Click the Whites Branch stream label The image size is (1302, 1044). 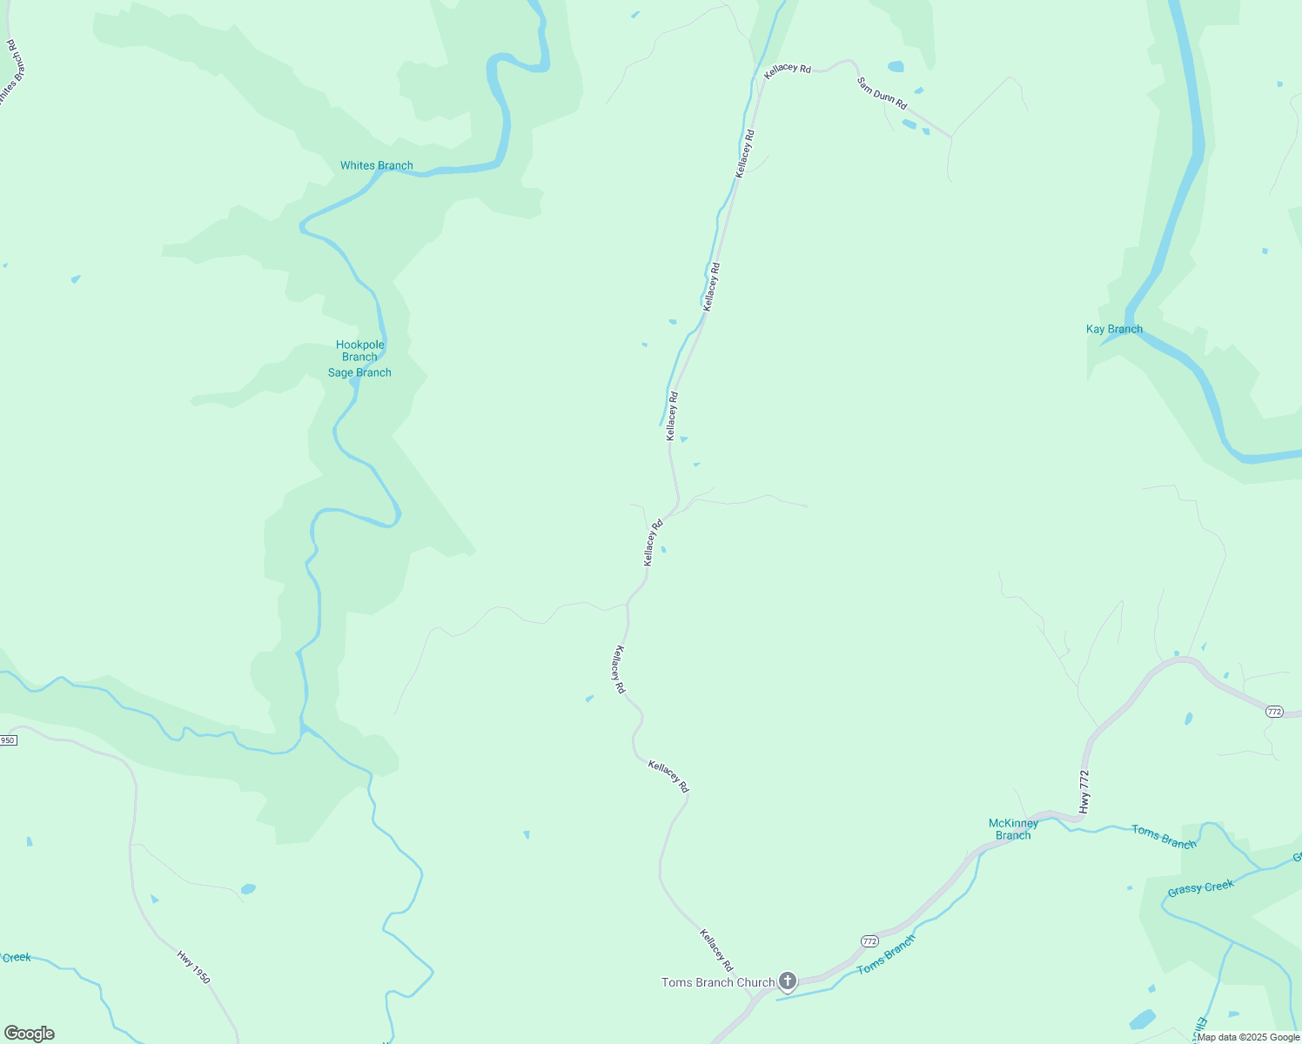pos(376,165)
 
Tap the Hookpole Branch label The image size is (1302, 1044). pos(359,351)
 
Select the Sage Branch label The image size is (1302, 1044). pos(359,372)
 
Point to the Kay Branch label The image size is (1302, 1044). pos(1114,329)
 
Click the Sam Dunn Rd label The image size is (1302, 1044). pos(882,94)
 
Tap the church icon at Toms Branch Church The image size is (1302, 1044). pos(788,982)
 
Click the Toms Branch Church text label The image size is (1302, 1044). pos(718,982)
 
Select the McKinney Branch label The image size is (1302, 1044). pos(1013,829)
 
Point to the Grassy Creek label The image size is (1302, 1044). pos(1200,887)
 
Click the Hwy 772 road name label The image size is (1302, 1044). pos(1084,792)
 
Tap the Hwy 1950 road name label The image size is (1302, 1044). pos(193,967)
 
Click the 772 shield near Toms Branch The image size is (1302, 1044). pos(869,941)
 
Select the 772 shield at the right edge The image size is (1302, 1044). pos(1274,712)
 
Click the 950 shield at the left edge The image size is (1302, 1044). pos(8,740)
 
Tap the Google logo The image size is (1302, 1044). pos(29,1034)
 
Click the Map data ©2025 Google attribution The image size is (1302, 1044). pos(1248,1037)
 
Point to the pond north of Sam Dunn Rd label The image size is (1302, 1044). pos(896,66)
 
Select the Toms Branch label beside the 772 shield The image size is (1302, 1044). pos(886,955)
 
